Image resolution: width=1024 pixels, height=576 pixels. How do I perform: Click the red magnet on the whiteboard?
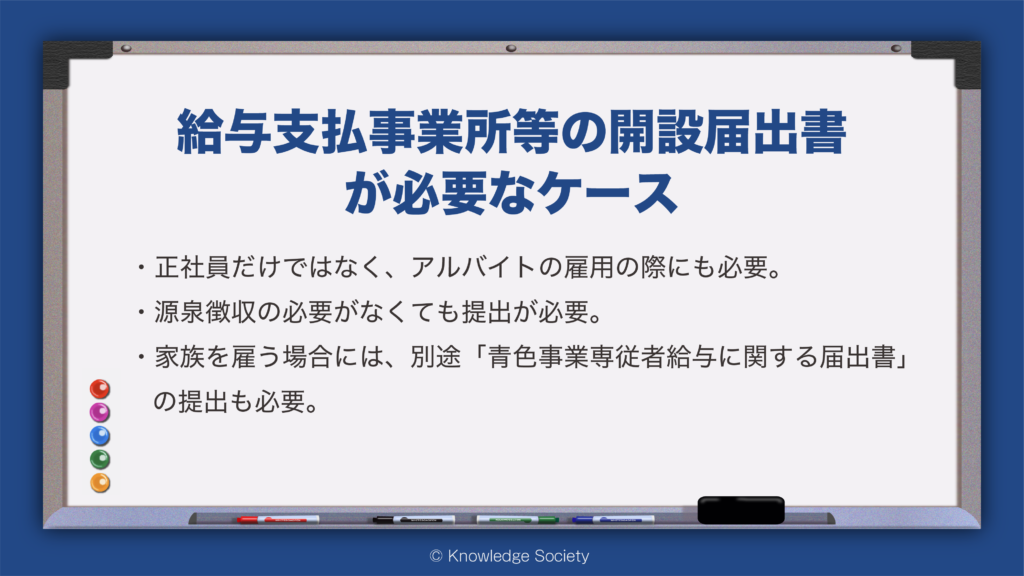(x=99, y=389)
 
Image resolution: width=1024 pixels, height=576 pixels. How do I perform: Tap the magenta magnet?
(x=99, y=412)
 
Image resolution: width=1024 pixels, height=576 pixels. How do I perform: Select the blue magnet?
(x=99, y=436)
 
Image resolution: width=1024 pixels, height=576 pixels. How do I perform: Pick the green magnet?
(x=99, y=459)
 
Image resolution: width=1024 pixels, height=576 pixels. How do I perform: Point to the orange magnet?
(x=100, y=483)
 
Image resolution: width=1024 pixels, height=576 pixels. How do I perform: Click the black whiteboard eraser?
(x=741, y=510)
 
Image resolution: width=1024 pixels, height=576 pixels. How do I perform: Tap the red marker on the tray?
(x=278, y=520)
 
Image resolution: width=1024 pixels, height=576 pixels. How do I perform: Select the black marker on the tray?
(x=413, y=520)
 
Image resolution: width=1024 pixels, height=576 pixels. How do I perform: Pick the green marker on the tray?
(x=517, y=520)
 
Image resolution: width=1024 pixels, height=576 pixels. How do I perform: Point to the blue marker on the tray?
(x=613, y=520)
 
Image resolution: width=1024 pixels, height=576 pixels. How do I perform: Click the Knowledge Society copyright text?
(x=509, y=556)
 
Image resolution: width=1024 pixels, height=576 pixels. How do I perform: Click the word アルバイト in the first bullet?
(x=473, y=267)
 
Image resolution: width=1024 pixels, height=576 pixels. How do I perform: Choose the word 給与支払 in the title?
(x=271, y=132)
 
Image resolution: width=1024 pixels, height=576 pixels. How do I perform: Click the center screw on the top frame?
(x=511, y=48)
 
